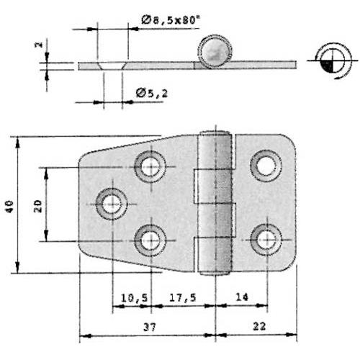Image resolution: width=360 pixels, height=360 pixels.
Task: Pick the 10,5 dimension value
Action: (x=130, y=297)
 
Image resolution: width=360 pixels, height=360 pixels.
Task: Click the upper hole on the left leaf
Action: (x=150, y=167)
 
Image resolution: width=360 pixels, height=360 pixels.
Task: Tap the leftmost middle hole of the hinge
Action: (x=112, y=204)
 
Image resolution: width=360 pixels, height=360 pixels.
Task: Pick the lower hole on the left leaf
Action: (x=150, y=239)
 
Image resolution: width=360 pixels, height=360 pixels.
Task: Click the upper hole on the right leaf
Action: (x=266, y=166)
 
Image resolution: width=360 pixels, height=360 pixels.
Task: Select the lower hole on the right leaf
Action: (x=266, y=239)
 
